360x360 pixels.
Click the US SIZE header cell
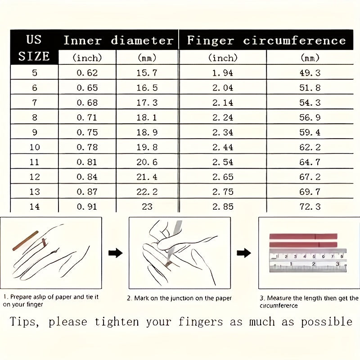(34, 48)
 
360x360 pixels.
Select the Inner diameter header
(118, 40)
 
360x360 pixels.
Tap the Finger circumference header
(266, 40)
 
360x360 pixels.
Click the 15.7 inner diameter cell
(147, 73)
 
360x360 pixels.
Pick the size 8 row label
(35, 117)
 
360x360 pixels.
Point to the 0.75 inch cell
(87, 132)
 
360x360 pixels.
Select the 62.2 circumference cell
(310, 147)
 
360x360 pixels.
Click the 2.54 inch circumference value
(222, 162)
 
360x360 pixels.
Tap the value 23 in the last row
(147, 207)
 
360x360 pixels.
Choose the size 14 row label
(35, 207)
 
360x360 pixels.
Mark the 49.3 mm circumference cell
(310, 73)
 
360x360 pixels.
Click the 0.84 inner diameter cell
(87, 177)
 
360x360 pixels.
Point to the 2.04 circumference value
(222, 88)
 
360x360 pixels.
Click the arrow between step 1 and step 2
(116, 253)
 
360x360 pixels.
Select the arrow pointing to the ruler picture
(244, 253)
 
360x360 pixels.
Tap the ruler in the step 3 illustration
(308, 261)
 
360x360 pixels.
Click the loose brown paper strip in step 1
(25, 241)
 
